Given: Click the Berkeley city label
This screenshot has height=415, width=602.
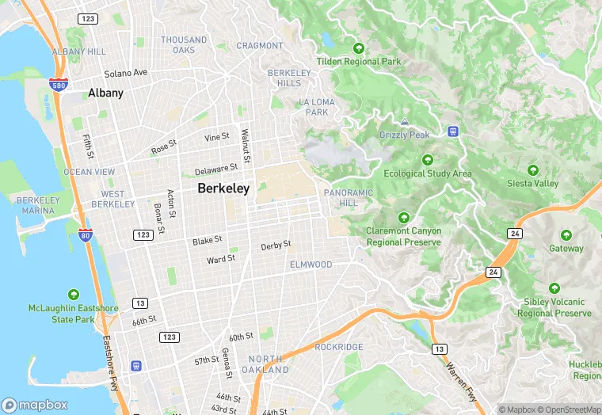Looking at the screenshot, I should tap(223, 188).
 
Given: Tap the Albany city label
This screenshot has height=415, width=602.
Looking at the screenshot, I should tap(105, 93).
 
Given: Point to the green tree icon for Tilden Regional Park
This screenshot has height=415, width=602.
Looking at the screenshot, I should tap(359, 48).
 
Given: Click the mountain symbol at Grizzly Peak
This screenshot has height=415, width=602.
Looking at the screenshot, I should tap(404, 122).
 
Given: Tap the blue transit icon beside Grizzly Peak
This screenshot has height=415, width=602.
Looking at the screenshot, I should tap(453, 131).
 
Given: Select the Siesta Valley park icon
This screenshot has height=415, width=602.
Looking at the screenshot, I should tap(533, 170).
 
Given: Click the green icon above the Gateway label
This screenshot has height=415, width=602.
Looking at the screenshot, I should tap(566, 235).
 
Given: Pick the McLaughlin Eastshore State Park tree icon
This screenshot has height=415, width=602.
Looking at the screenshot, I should tap(74, 295).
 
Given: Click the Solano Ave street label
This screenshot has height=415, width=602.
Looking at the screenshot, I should tap(126, 73).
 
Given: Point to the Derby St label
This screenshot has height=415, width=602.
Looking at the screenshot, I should tap(276, 246).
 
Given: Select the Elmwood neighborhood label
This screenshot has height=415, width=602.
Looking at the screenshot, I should tap(311, 264).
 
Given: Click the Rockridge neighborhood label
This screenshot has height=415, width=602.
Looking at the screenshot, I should tap(338, 347).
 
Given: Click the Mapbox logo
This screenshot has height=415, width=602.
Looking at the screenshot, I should tap(35, 404).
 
